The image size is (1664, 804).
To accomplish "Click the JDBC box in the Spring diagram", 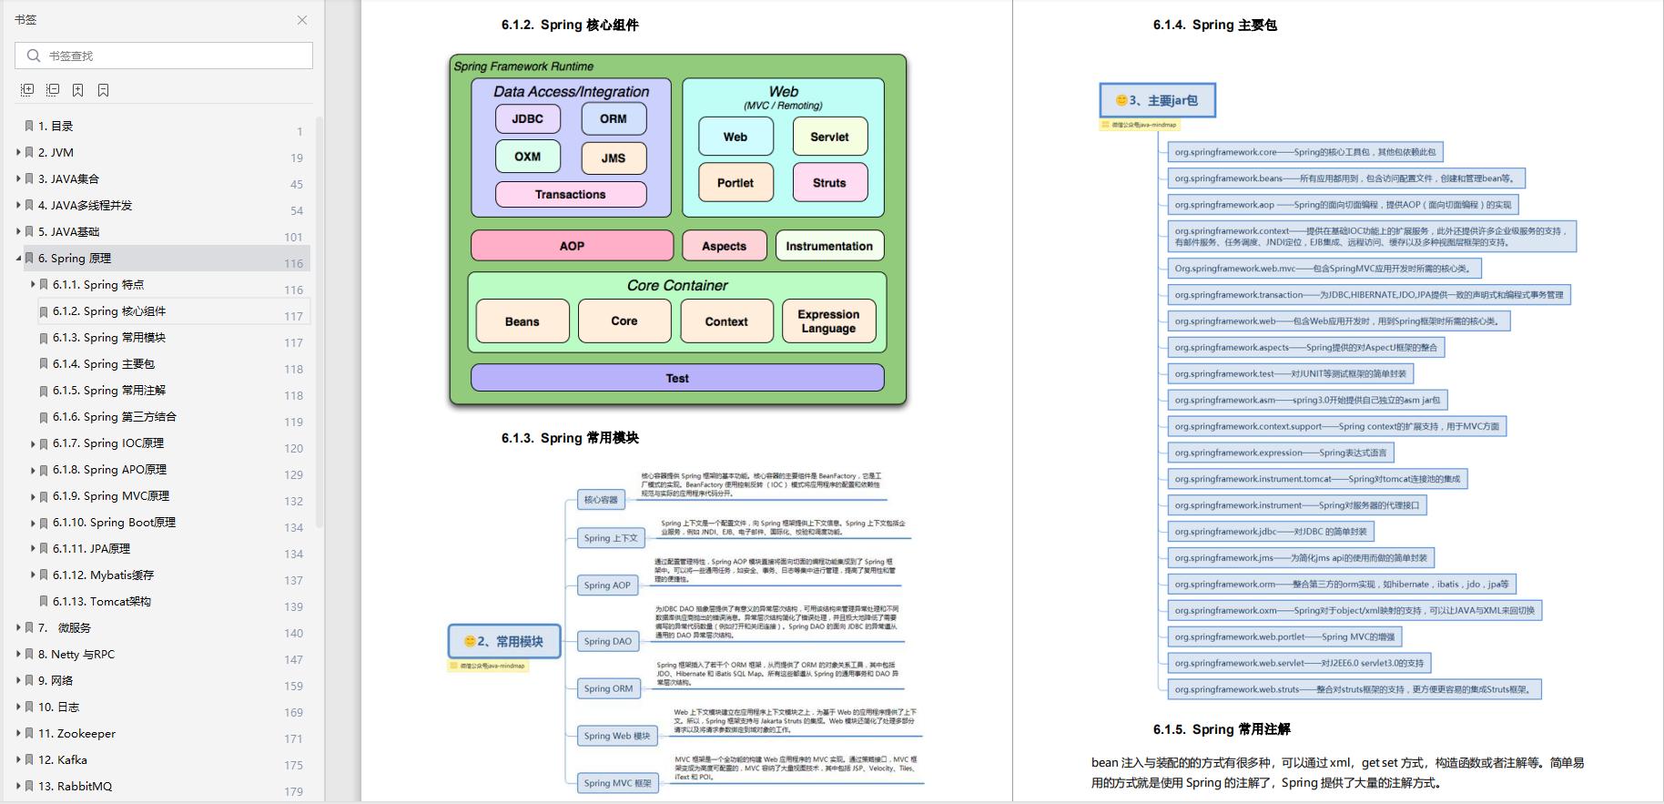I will pyautogui.click(x=527, y=118).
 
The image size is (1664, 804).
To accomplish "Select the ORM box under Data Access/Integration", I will pyautogui.click(x=614, y=118).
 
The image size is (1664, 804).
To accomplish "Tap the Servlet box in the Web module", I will pyautogui.click(x=829, y=137).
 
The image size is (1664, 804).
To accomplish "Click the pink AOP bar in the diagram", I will pyautogui.click(x=572, y=246).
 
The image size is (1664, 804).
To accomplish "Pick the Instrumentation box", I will pyautogui.click(x=828, y=246).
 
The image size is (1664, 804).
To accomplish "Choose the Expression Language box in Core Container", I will pyautogui.click(x=828, y=321).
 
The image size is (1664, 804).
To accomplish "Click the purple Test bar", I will pyautogui.click(x=676, y=378).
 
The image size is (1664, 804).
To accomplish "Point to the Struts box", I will pyautogui.click(x=829, y=182).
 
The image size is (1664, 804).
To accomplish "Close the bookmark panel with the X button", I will pyautogui.click(x=302, y=20).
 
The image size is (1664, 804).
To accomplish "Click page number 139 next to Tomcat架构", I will pyautogui.click(x=293, y=606).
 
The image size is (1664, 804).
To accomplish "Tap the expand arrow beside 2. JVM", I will pyautogui.click(x=18, y=153).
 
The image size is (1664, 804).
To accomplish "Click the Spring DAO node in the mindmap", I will pyautogui.click(x=607, y=641).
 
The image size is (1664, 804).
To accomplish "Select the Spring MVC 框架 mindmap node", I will pyautogui.click(x=617, y=783).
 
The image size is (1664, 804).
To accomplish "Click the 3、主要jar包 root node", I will pyautogui.click(x=1157, y=100).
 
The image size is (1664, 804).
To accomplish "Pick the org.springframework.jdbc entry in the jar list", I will pyautogui.click(x=1270, y=532).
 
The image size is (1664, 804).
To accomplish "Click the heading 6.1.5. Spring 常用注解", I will pyautogui.click(x=1221, y=729).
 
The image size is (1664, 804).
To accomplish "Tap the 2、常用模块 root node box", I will pyautogui.click(x=504, y=641).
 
